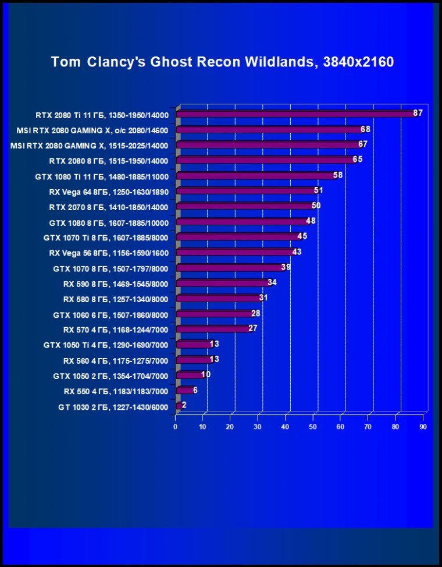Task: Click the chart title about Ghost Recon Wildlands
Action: [x=222, y=62]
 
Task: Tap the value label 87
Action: [x=418, y=113]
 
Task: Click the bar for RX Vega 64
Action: [x=244, y=191]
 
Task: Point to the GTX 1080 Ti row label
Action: [x=101, y=176]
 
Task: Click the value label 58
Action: [x=338, y=175]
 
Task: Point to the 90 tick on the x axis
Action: [x=423, y=427]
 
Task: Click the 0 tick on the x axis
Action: [x=175, y=427]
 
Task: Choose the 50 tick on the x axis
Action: [x=313, y=427]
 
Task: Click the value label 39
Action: [x=286, y=267]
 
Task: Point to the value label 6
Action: [x=195, y=390]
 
